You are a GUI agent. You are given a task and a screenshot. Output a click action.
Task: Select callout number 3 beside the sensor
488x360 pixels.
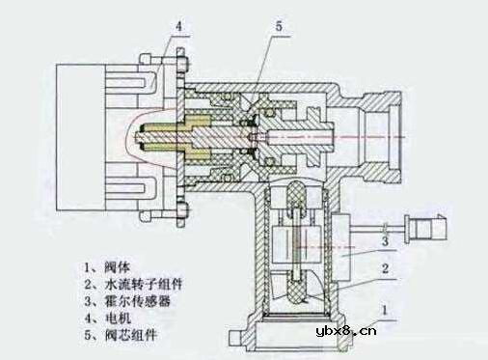[x=385, y=239]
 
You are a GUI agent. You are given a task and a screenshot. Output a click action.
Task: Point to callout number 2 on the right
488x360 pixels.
[x=385, y=272]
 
